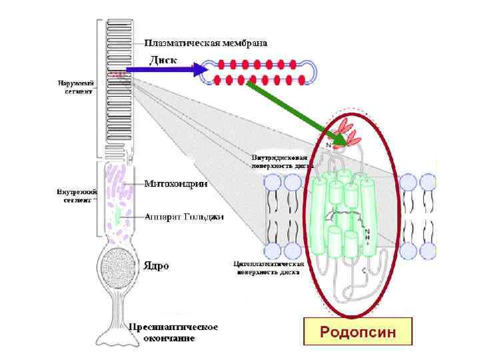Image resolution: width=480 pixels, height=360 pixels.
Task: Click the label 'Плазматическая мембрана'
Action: tap(206, 43)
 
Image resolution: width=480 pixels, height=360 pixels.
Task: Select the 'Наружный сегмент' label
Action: tap(75, 87)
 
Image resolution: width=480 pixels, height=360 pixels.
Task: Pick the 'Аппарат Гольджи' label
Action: tap(184, 217)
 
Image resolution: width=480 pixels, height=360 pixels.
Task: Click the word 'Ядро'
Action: tap(157, 265)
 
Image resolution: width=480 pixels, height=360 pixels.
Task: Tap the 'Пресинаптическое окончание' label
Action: tap(173, 332)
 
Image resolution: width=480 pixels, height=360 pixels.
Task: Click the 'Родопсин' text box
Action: tap(358, 331)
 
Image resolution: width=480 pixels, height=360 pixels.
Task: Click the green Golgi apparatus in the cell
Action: tap(118, 215)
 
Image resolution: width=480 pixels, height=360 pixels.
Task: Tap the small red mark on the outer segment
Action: tap(119, 75)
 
